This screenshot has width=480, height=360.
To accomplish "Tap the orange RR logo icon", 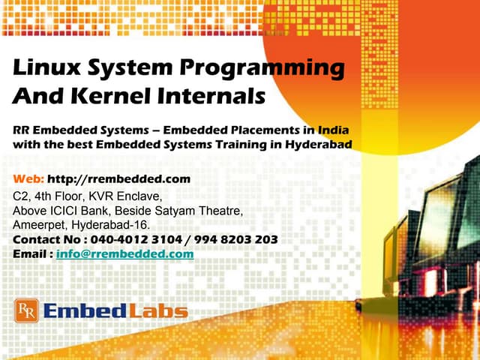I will click(25, 310).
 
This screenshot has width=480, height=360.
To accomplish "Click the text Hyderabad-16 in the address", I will click(112, 225).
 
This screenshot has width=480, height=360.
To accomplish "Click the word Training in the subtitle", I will click(212, 144).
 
